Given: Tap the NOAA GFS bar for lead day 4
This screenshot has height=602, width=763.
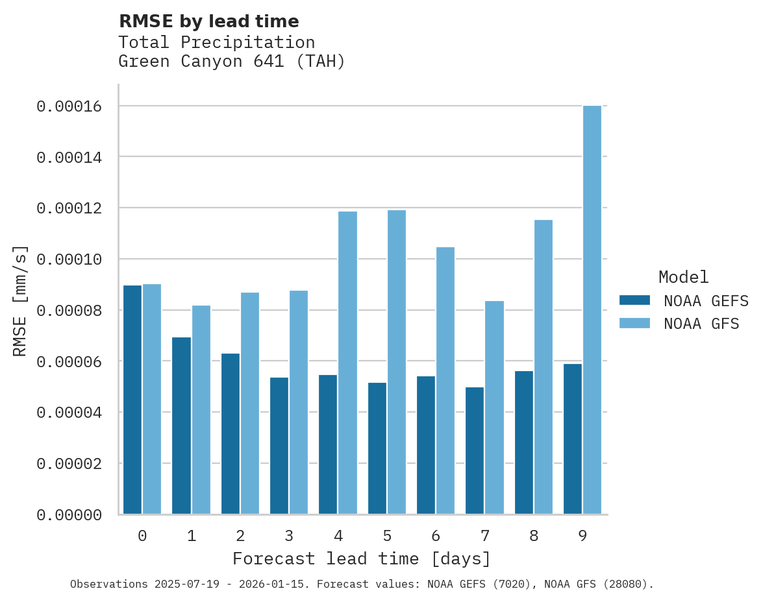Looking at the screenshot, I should click(347, 363).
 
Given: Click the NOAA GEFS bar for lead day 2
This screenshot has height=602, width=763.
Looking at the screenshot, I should click(231, 434).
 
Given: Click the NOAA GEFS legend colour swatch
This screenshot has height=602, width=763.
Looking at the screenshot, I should click(635, 300).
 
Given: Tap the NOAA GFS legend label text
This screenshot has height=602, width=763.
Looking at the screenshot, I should click(701, 323).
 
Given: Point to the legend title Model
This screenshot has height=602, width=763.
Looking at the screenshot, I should click(683, 277).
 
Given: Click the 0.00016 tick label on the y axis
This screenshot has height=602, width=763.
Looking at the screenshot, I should click(69, 106).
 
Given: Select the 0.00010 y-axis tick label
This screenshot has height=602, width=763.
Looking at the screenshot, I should click(69, 259).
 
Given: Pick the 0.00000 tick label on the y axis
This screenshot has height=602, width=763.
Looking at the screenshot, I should click(69, 515).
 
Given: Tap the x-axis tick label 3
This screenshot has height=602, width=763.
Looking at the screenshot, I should click(289, 536).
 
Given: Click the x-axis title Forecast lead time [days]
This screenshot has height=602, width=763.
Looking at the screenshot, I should click(362, 559).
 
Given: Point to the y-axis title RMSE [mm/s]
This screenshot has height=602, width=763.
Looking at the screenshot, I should click(21, 300).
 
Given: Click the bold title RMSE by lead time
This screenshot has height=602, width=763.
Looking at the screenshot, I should click(209, 21).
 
